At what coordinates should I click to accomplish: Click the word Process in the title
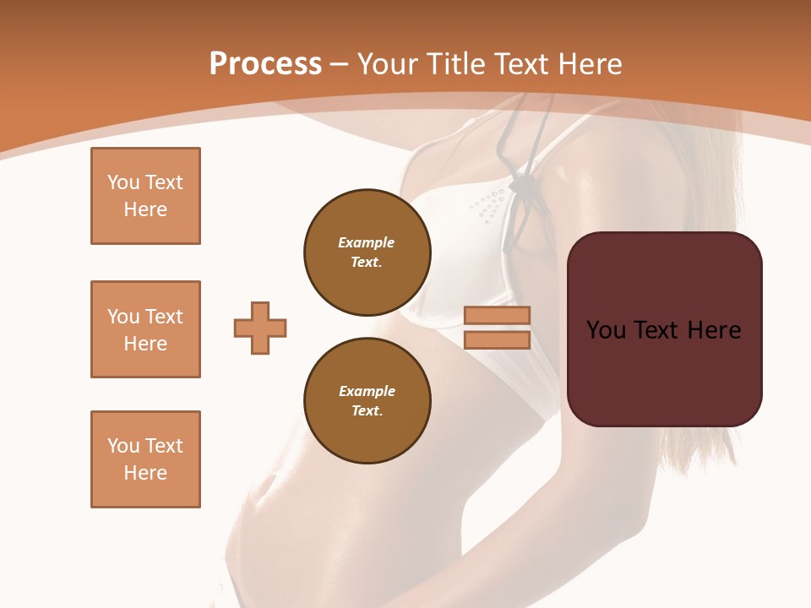[x=265, y=63]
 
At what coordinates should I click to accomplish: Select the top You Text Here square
[x=145, y=196]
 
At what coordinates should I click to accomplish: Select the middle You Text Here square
[x=145, y=329]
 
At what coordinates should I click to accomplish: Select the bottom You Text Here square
[x=145, y=459]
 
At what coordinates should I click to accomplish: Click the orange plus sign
[x=260, y=328]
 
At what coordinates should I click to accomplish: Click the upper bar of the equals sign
[x=497, y=315]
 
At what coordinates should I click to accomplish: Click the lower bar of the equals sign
[x=497, y=340]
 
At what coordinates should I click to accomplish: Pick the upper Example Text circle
[x=367, y=252]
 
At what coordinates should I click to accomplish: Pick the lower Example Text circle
[x=367, y=401]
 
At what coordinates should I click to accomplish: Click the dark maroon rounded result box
[x=665, y=329]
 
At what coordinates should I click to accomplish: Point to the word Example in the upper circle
[x=366, y=242]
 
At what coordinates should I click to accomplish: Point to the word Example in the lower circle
[x=366, y=391]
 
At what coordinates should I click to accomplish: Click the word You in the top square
[x=123, y=182]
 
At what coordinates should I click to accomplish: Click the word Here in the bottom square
[x=145, y=473]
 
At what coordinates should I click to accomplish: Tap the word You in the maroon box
[x=606, y=330]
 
